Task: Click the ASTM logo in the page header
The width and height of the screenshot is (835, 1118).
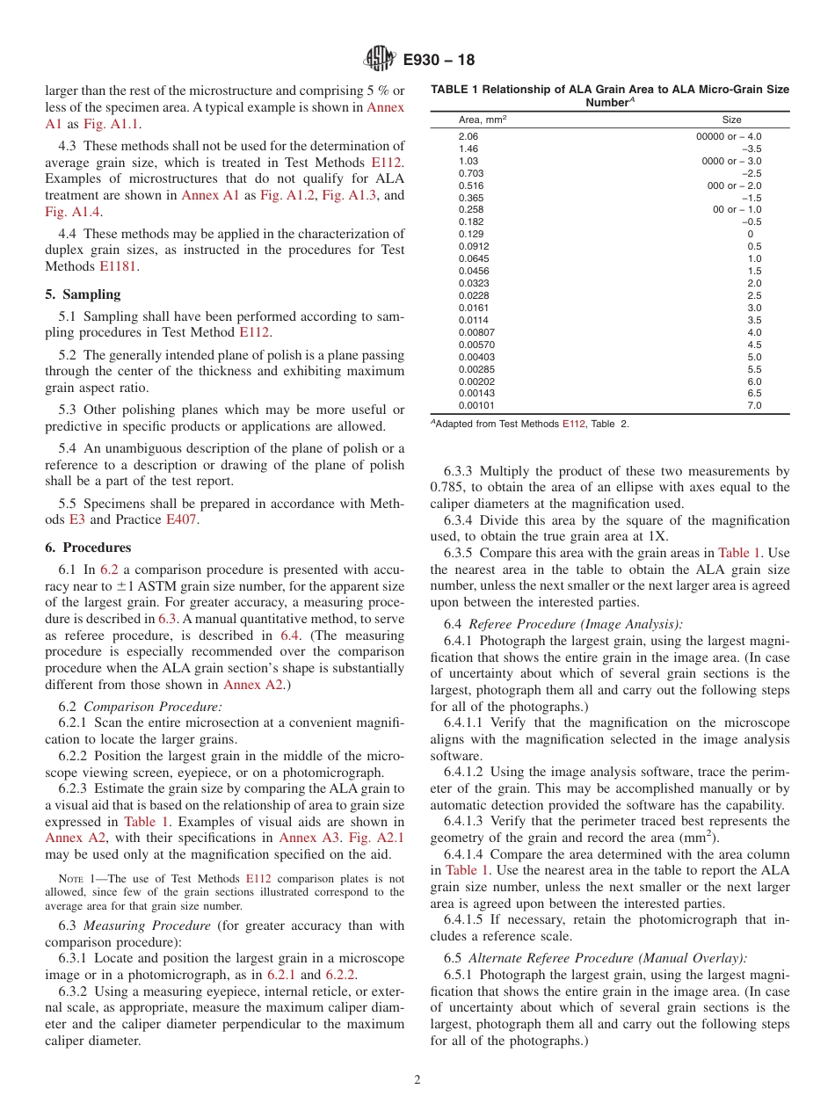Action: click(x=380, y=60)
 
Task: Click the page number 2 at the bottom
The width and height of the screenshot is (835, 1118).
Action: click(x=417, y=1080)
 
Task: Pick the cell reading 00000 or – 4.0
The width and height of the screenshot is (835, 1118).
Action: click(x=729, y=136)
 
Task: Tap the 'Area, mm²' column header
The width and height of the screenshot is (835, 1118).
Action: click(x=483, y=120)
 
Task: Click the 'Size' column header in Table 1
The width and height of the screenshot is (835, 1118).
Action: click(x=731, y=120)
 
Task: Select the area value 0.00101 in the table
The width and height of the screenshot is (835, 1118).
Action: click(x=476, y=406)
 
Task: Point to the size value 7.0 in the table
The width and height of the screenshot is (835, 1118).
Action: click(x=754, y=406)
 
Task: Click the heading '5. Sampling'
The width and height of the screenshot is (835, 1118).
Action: click(x=83, y=294)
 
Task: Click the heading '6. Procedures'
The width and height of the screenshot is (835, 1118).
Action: click(x=88, y=548)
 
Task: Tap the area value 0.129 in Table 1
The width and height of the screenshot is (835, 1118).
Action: click(x=471, y=235)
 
